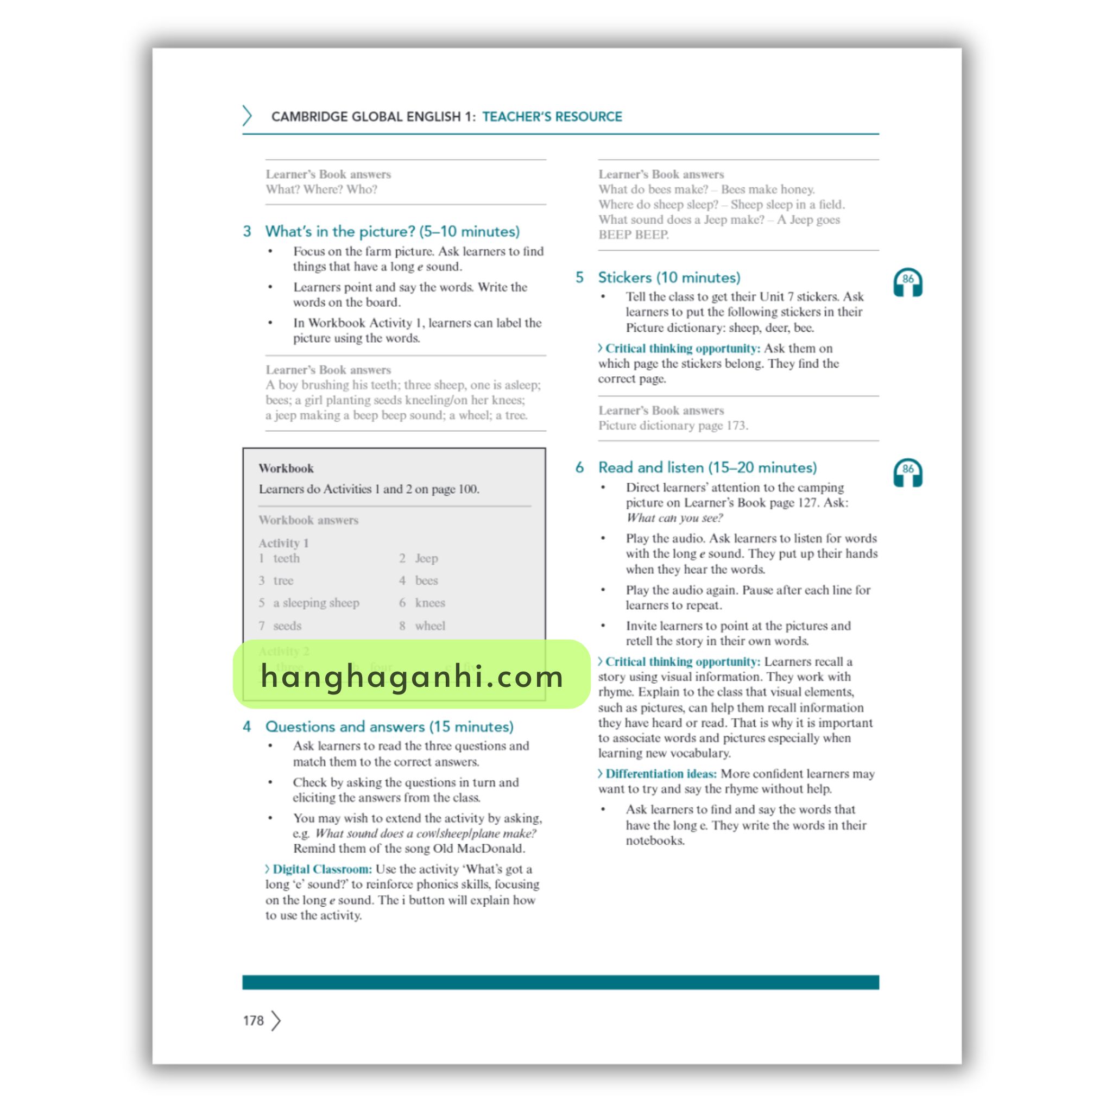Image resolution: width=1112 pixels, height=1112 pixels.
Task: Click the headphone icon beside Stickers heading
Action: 907,282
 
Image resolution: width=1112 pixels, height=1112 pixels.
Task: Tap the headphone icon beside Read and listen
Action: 907,472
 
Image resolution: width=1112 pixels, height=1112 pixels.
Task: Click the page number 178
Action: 253,1020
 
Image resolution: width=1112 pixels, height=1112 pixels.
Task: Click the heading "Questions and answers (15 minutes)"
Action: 389,726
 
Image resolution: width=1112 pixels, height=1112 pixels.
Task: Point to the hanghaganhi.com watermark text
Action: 412,675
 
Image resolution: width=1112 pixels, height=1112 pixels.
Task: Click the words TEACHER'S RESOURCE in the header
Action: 552,117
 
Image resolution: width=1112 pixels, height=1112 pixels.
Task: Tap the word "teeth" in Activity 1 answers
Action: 286,558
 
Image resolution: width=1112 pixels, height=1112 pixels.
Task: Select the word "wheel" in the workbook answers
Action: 430,625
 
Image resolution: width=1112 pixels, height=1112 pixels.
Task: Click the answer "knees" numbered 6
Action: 430,603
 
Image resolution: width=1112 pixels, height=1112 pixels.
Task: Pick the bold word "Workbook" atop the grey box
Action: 286,469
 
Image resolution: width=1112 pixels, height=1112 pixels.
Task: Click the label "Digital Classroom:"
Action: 322,869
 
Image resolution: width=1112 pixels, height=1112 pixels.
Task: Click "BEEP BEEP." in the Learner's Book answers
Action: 633,235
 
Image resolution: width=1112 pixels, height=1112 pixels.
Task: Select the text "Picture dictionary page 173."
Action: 673,425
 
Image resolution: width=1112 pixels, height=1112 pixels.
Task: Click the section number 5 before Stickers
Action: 579,277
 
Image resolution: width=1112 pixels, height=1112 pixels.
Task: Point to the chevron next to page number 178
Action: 276,1020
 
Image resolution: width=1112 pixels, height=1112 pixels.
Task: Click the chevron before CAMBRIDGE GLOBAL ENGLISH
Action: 247,116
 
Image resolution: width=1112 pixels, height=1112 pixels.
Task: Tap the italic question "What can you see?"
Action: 674,518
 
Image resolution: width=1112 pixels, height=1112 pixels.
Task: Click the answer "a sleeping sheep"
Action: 316,603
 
